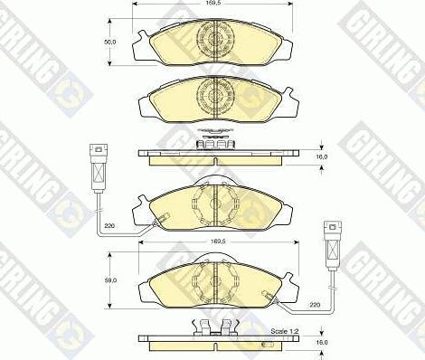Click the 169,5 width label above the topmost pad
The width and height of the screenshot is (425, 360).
(x=212, y=5)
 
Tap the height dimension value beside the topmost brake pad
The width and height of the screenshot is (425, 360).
(x=110, y=42)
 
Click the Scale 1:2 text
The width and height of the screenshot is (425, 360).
(x=285, y=331)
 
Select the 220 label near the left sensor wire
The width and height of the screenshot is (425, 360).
(x=109, y=225)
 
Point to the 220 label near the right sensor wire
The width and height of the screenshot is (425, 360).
(x=315, y=305)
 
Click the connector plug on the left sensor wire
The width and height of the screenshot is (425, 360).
(x=99, y=168)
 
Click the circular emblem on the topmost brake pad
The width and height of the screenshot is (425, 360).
(x=215, y=39)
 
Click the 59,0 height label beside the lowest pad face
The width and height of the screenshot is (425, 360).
(x=110, y=280)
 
